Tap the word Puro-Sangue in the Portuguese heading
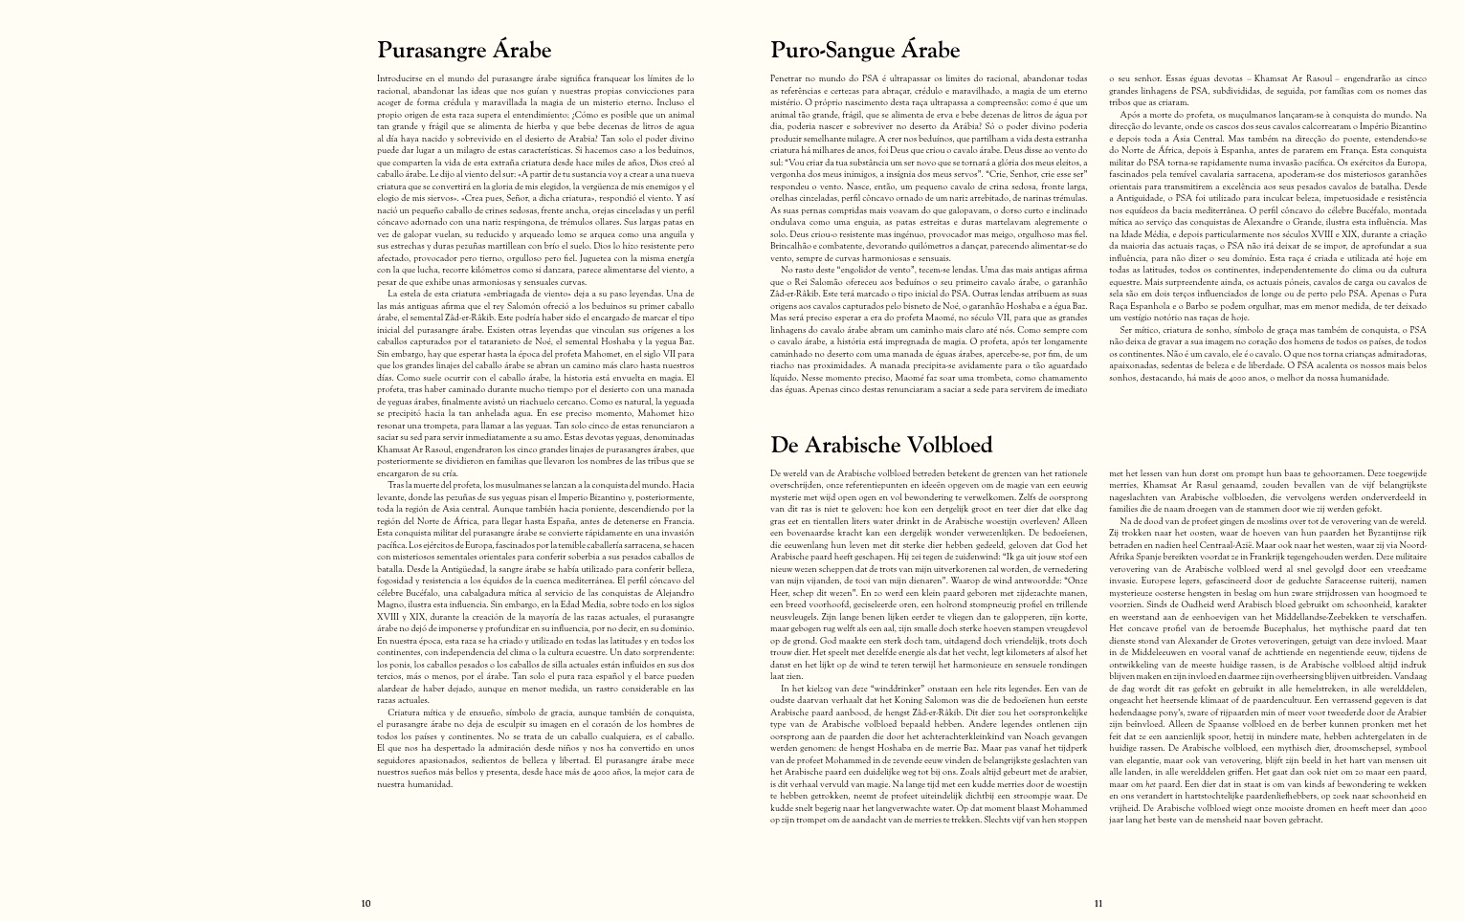click(830, 51)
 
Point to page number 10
click(366, 903)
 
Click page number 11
click(1098, 903)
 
